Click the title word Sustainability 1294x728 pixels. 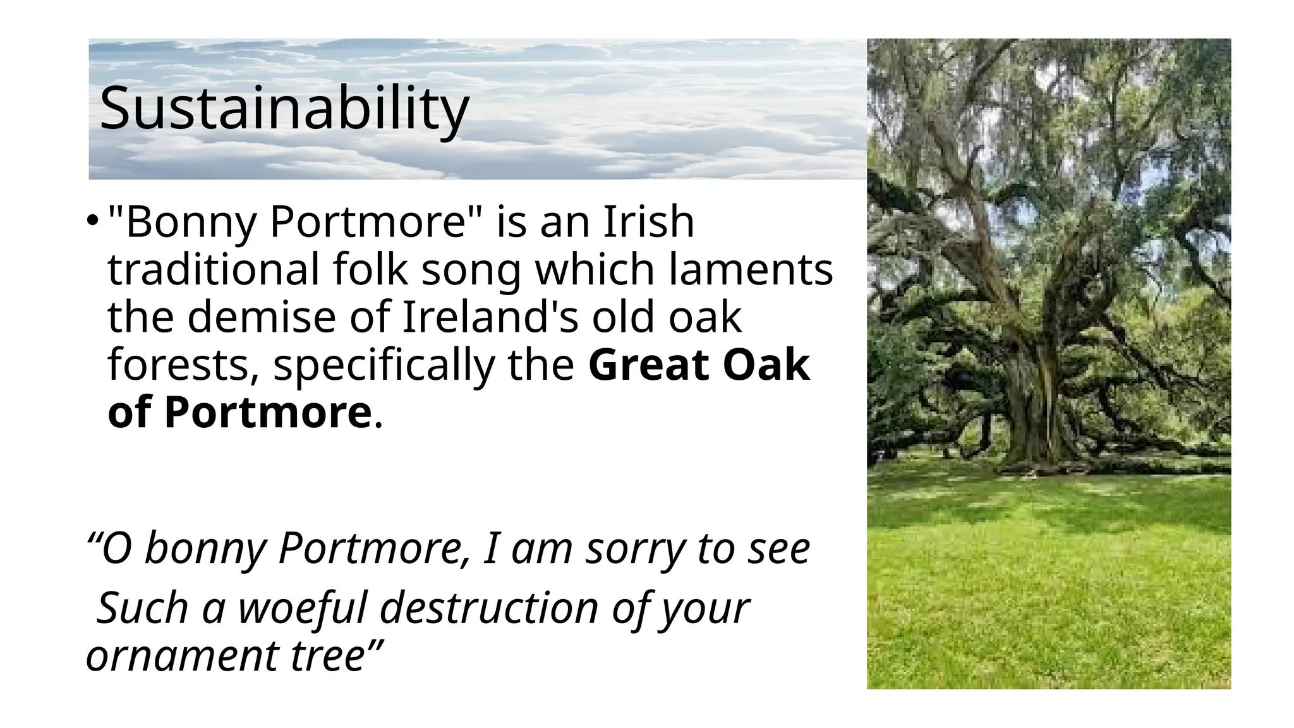284,108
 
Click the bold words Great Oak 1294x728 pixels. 699,365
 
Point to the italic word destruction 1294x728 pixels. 489,608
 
